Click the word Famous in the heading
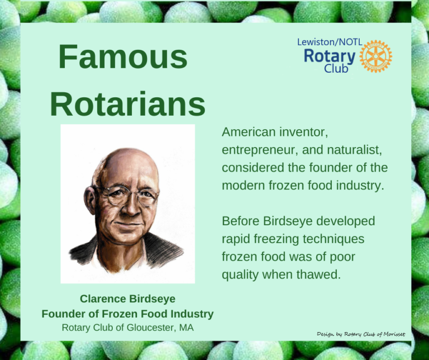click(x=122, y=58)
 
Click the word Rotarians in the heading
click(x=127, y=103)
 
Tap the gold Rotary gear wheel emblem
click(x=375, y=56)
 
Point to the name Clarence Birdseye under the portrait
click(x=127, y=299)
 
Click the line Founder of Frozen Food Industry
click(x=127, y=314)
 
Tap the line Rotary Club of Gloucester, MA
click(x=127, y=328)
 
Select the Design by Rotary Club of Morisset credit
click(x=361, y=334)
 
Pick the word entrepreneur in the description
click(x=259, y=150)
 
